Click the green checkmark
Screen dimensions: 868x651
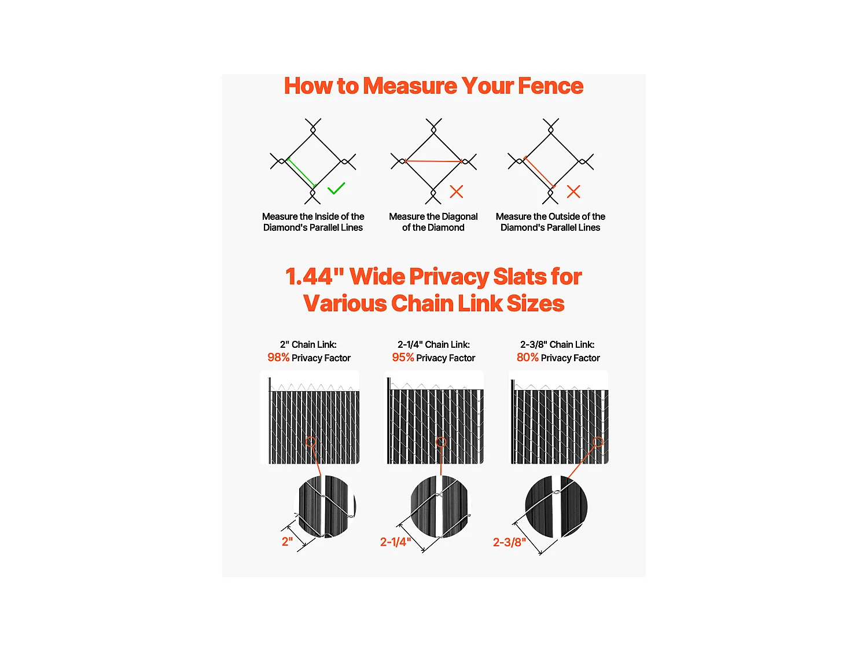[x=336, y=189]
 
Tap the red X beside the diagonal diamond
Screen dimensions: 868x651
[x=457, y=192]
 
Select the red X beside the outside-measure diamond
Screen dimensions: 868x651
[x=573, y=192]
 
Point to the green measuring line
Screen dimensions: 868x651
[x=301, y=172]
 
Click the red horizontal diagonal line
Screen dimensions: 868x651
[x=433, y=161]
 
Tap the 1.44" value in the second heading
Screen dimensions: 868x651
[x=314, y=276]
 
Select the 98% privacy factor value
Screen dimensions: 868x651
[x=278, y=357]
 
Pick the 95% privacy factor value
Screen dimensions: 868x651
[x=403, y=357]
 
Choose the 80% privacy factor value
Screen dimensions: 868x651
[x=528, y=357]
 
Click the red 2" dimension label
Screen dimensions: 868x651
[x=288, y=542]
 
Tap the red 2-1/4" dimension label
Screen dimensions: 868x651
[x=395, y=542]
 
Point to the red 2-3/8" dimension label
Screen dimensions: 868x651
[x=509, y=542]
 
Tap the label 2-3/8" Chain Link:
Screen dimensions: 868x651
[x=557, y=344]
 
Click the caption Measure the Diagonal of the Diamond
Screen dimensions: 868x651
[x=433, y=222]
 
